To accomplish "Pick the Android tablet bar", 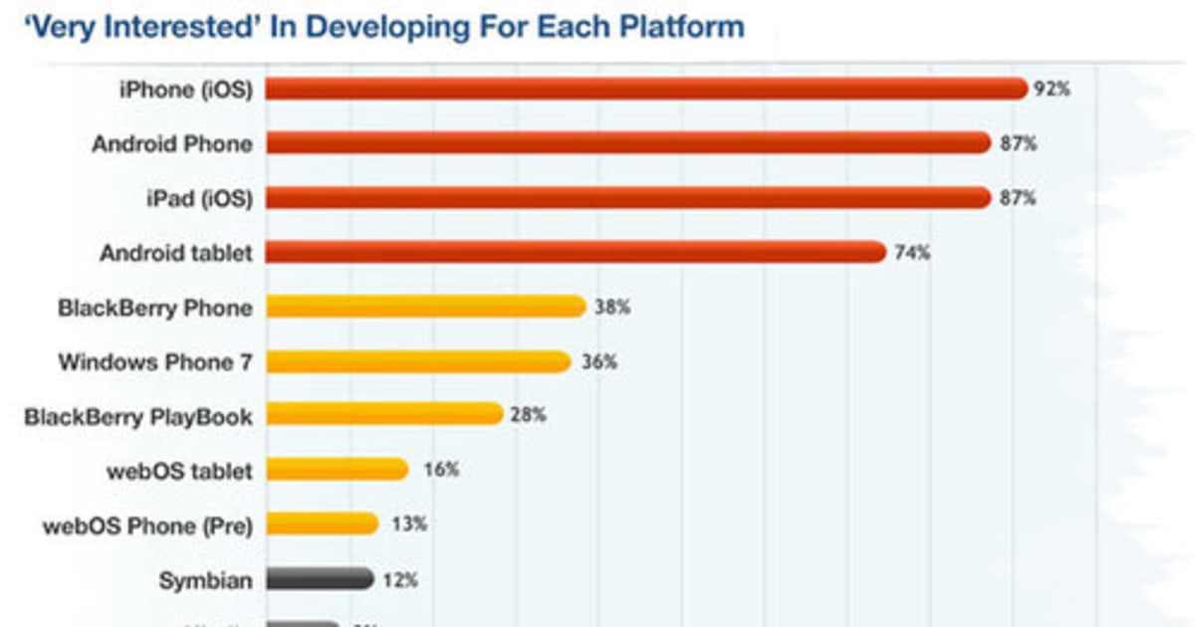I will pyautogui.click(x=575, y=253).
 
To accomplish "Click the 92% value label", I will pyautogui.click(x=1052, y=90).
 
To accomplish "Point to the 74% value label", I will pyautogui.click(x=911, y=253).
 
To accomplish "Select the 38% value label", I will pyautogui.click(x=611, y=308).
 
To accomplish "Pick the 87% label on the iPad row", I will pyautogui.click(x=1018, y=198).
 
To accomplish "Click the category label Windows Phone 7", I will pyautogui.click(x=154, y=361).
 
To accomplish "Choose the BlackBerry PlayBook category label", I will pyautogui.click(x=137, y=416).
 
